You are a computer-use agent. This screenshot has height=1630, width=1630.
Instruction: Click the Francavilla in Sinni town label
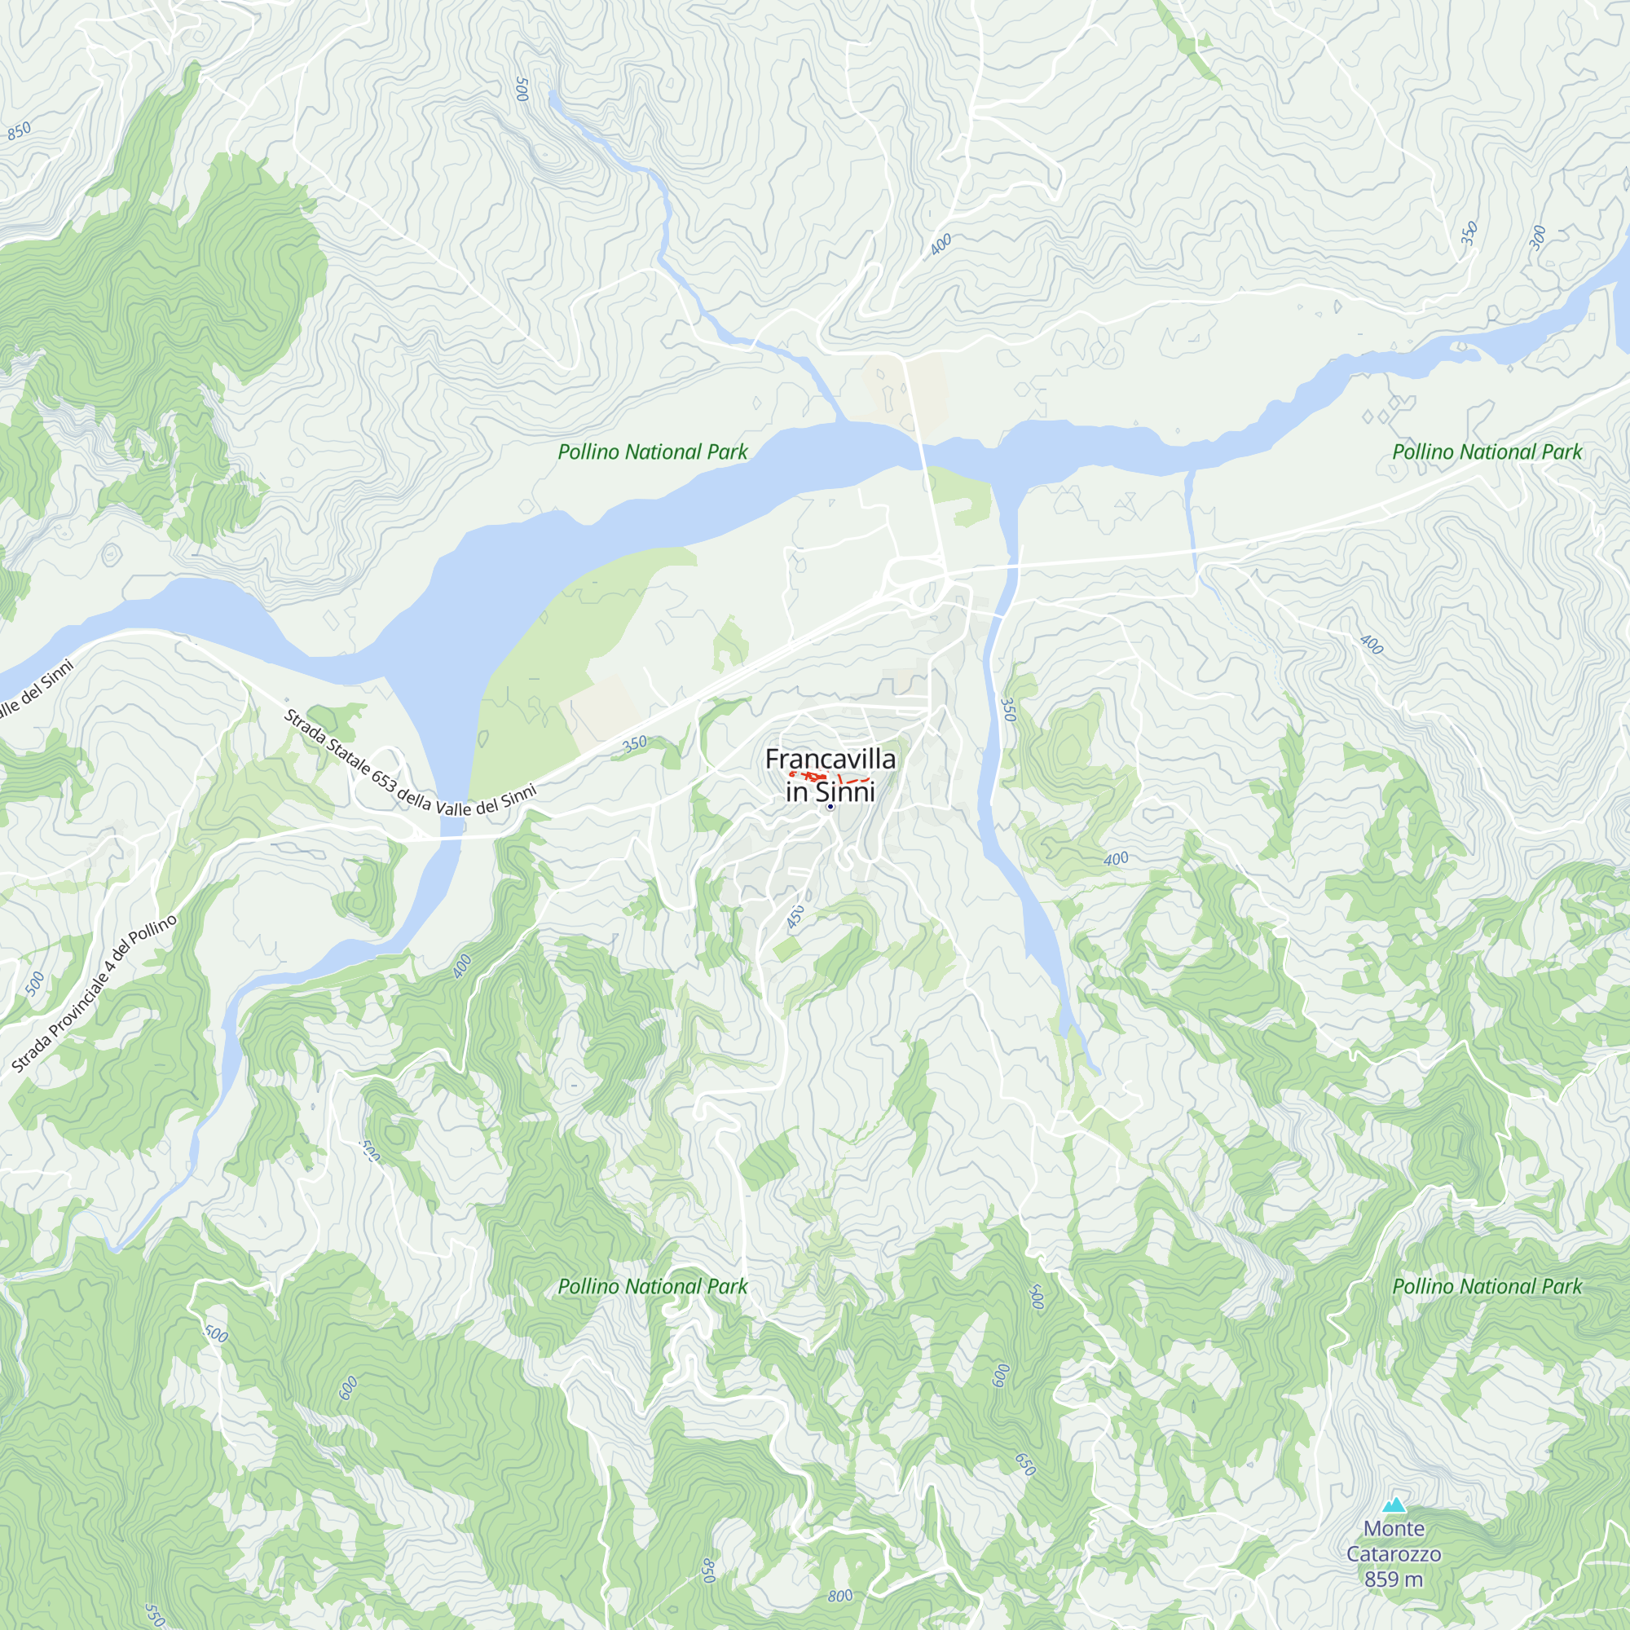coord(830,775)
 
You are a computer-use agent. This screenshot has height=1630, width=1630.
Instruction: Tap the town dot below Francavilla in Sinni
coord(830,808)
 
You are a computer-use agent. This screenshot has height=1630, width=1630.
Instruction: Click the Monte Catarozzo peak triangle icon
coord(1394,1505)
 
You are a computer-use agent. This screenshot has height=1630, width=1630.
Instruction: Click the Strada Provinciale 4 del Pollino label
coord(95,993)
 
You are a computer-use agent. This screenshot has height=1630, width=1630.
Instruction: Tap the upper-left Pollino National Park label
coord(652,452)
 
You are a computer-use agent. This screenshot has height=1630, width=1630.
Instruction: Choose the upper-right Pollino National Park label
coord(1487,452)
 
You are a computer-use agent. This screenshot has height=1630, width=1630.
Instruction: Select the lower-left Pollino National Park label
coord(652,1287)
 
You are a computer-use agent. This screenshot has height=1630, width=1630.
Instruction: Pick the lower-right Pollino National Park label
coord(1487,1287)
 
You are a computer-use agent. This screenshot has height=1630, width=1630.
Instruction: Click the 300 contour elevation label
coord(1538,238)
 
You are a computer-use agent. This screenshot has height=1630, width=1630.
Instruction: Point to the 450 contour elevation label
coord(795,916)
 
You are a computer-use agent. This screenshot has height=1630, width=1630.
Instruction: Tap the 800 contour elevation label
coord(839,1597)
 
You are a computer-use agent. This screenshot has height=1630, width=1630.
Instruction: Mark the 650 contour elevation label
coord(1024,1464)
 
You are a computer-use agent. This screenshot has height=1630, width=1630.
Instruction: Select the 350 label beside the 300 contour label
coord(1469,233)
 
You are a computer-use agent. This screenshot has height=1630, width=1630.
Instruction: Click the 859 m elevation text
coord(1394,1579)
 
